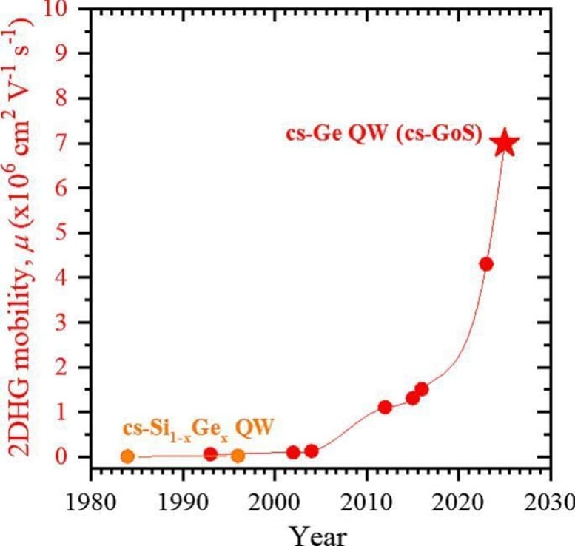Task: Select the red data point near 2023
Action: coord(486,264)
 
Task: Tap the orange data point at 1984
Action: coord(127,456)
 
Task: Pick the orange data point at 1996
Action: coord(238,455)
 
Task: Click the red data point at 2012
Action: coord(385,407)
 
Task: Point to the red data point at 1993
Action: coord(210,454)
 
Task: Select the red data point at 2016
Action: coord(421,389)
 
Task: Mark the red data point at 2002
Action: coord(293,452)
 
